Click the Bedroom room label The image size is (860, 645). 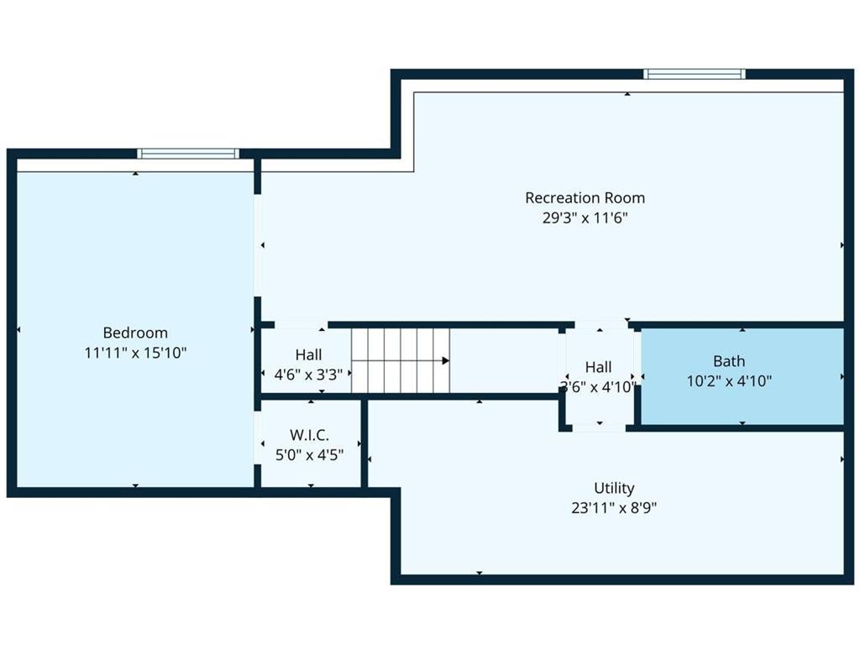pos(135,333)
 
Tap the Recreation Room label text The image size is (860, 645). pos(585,197)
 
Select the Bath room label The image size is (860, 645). pos(729,361)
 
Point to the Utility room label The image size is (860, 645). pos(614,488)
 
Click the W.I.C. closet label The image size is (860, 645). pos(309,435)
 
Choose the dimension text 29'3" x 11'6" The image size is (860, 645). pos(585,218)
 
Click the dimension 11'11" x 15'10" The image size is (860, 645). pos(135,352)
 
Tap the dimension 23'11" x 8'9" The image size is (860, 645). pos(614,507)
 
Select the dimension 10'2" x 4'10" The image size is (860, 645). pos(729,380)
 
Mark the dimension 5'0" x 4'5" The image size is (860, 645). pos(309,454)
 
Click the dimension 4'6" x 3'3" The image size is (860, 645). pos(309,374)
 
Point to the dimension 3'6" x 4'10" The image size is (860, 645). pos(598,386)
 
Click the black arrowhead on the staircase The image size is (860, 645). pos(446,360)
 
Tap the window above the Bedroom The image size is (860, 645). pos(188,154)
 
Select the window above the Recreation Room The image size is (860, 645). pos(695,74)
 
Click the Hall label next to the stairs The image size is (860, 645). pos(309,354)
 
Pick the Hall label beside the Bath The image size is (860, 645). pos(598,367)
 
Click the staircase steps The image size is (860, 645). pos(401,360)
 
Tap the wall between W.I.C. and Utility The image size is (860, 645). pos(364,443)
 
